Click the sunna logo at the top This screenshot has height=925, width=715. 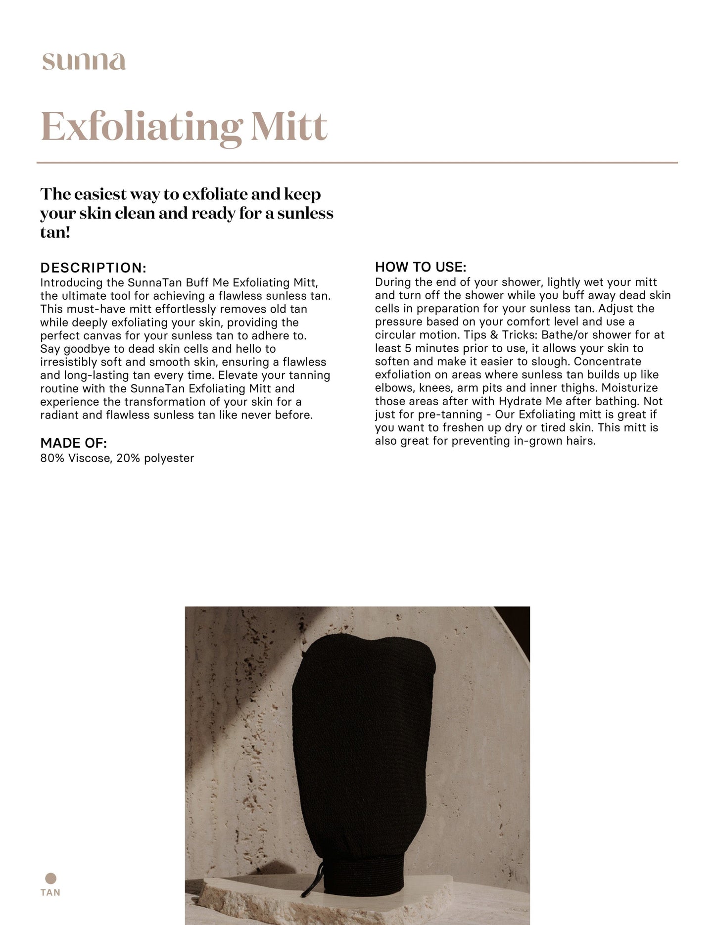click(84, 62)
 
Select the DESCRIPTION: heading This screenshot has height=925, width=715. click(93, 268)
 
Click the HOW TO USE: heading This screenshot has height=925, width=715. click(421, 267)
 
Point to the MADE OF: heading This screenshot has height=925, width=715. click(73, 443)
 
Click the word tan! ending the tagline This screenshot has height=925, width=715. click(55, 232)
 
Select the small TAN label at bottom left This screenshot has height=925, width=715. click(50, 893)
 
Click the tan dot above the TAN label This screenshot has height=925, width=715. click(50, 879)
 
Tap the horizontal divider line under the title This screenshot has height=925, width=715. click(357, 162)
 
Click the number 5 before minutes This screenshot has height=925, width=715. click(408, 349)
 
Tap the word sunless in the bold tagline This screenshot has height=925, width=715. click(305, 214)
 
